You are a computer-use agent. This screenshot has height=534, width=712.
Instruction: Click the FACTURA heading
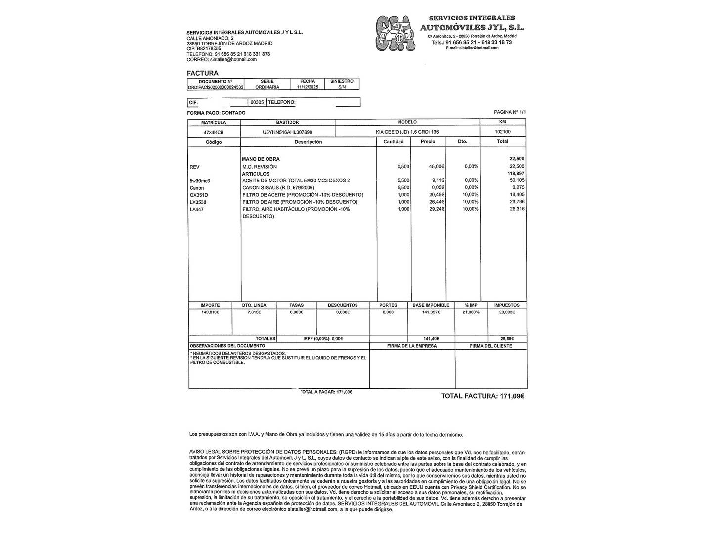(202, 73)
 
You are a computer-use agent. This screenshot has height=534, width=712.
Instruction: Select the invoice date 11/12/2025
(308, 87)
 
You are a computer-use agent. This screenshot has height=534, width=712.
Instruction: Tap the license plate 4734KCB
(214, 132)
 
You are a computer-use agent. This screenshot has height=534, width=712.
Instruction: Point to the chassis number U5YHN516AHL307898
(287, 132)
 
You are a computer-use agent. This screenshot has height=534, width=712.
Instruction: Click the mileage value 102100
(502, 132)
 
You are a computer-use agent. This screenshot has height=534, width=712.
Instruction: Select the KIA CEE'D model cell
(407, 132)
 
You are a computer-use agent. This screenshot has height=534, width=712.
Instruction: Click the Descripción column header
(308, 142)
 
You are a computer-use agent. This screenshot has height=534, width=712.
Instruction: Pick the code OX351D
(198, 195)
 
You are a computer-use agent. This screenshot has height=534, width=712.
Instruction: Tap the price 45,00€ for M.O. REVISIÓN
(435, 167)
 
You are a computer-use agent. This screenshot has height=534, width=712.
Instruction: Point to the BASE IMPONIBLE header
(431, 305)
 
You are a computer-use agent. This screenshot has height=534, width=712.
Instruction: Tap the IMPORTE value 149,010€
(210, 312)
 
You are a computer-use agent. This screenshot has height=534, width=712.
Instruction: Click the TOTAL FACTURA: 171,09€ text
(482, 396)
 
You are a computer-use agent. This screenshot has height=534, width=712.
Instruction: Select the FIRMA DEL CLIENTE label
(490, 346)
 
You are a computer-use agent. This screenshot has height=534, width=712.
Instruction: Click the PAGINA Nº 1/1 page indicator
(510, 112)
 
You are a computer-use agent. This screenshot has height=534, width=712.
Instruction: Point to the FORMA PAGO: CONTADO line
(216, 113)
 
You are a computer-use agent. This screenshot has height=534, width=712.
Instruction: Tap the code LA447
(196, 209)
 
